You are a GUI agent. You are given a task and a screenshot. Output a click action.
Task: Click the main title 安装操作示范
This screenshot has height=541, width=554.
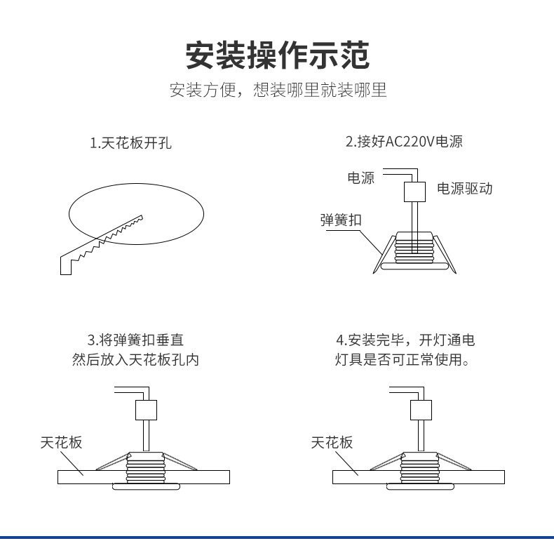277,55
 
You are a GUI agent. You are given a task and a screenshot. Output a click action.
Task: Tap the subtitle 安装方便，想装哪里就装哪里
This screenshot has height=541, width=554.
278,91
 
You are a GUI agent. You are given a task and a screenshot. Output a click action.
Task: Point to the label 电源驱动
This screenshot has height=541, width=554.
464,189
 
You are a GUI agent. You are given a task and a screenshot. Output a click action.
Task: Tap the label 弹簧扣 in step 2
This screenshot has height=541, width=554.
340,220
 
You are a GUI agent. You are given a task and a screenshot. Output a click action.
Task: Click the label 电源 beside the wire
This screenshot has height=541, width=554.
360,178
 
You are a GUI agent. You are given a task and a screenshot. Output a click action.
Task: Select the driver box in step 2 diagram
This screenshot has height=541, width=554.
414,191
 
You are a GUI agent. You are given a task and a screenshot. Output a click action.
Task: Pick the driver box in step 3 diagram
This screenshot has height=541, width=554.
145,410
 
